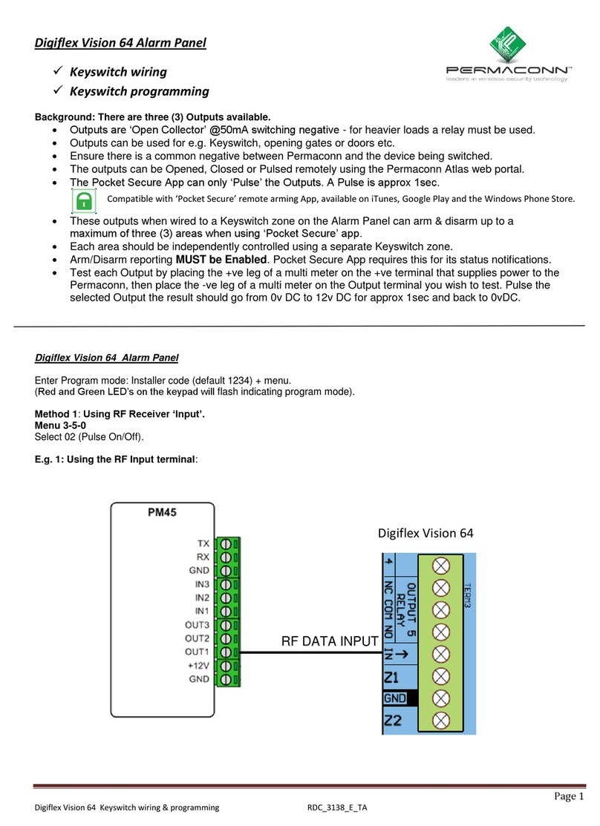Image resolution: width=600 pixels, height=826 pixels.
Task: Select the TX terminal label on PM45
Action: coord(203,544)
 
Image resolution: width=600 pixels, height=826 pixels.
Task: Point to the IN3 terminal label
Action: coord(200,584)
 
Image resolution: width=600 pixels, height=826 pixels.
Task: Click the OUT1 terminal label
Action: coord(198,652)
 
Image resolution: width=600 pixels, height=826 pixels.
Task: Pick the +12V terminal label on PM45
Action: coord(198,666)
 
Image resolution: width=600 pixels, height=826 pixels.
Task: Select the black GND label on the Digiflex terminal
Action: coord(394,698)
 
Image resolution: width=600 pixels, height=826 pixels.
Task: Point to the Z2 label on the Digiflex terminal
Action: coord(391,719)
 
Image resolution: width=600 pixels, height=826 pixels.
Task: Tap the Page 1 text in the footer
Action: coord(569,796)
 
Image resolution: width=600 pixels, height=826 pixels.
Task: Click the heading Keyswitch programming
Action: coord(139,92)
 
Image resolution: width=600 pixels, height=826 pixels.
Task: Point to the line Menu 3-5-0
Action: coord(60,426)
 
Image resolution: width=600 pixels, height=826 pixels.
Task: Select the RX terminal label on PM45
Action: coord(202,557)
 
